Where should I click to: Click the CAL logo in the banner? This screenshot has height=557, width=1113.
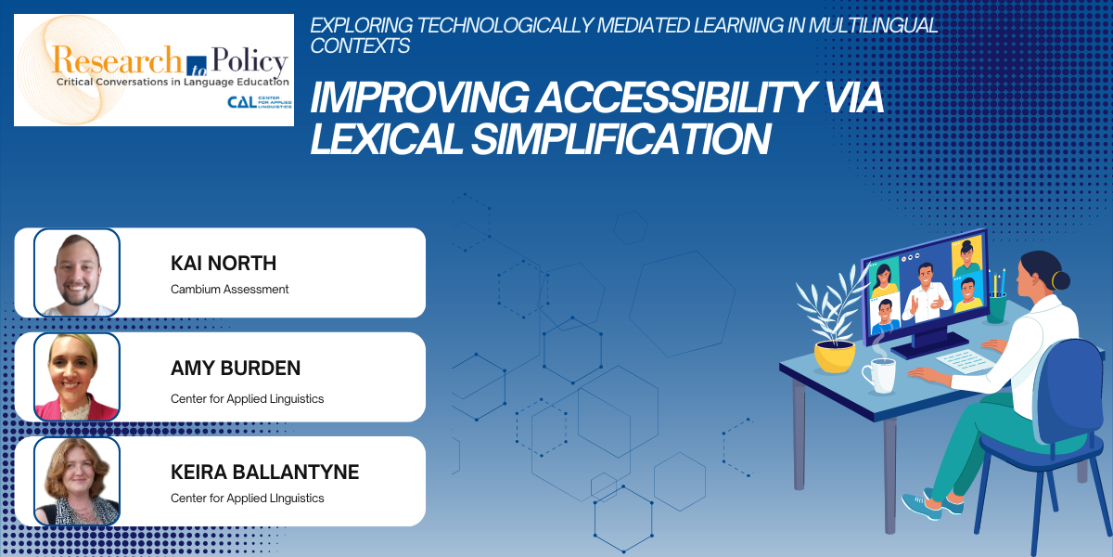(260, 102)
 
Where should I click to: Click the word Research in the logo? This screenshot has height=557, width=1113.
(117, 60)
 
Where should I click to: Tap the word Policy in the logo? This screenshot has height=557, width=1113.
(249, 61)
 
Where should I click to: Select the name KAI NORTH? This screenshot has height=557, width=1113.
(224, 263)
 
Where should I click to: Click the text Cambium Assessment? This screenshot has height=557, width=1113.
(229, 289)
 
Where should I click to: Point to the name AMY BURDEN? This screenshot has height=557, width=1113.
(236, 368)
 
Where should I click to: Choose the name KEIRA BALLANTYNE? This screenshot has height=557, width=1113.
(264, 472)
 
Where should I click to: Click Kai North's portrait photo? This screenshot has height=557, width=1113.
(76, 273)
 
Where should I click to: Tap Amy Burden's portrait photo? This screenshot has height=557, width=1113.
(76, 377)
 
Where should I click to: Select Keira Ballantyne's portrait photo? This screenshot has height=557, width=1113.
(76, 482)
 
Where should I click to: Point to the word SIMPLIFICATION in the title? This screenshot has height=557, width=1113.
(621, 139)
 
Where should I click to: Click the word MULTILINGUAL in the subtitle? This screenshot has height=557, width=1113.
(873, 25)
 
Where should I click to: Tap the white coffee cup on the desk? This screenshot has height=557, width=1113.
(879, 375)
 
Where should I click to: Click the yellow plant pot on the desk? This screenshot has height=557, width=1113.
(835, 356)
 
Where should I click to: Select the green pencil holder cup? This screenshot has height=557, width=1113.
(996, 308)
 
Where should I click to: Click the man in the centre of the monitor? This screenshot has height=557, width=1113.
(927, 293)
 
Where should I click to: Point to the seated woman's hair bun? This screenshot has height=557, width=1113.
(1060, 280)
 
